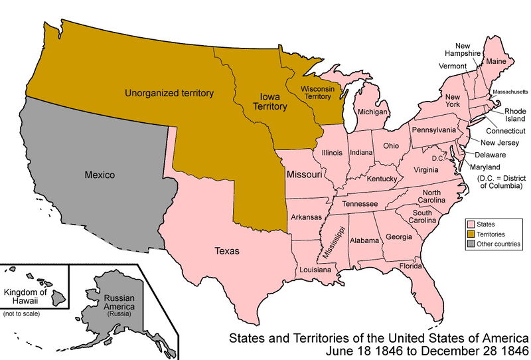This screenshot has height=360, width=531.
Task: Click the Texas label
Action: click(x=226, y=251)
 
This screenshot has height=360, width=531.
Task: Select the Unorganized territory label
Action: click(x=169, y=94)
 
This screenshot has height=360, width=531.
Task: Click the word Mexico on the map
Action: click(x=100, y=175)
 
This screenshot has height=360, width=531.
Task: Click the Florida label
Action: click(x=410, y=266)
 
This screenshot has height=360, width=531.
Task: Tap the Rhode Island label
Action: click(x=514, y=115)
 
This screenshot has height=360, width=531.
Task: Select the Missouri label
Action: click(x=304, y=175)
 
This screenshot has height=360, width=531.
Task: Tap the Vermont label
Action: click(x=453, y=66)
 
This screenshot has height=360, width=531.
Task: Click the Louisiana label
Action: click(x=315, y=270)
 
